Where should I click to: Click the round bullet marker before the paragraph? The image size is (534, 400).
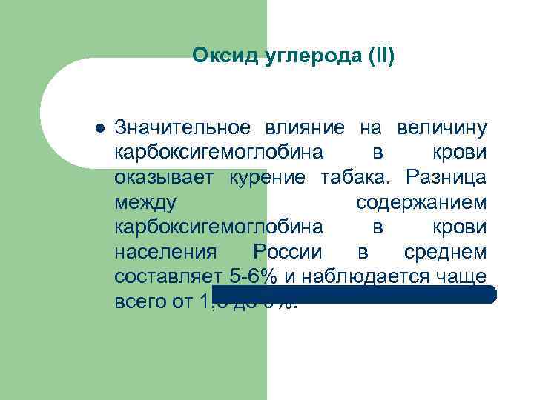coord(99,128)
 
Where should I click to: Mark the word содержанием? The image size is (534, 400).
coord(421,202)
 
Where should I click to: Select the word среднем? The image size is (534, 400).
coord(446,252)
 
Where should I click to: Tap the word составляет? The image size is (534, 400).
coord(168,276)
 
